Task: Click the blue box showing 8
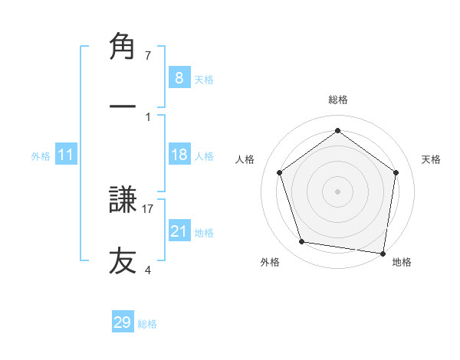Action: click(179, 77)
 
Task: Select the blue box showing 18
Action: click(179, 155)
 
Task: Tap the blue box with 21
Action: click(179, 231)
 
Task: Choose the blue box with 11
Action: click(65, 155)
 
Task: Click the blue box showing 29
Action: click(122, 322)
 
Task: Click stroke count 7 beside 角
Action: click(148, 55)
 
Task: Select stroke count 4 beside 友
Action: click(148, 270)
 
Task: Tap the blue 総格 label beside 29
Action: click(147, 324)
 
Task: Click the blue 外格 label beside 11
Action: click(41, 156)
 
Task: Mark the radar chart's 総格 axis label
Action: click(338, 100)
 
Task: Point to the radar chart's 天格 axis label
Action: click(432, 159)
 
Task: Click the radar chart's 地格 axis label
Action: click(402, 263)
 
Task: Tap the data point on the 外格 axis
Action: click(302, 242)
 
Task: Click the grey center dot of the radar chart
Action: click(338, 191)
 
